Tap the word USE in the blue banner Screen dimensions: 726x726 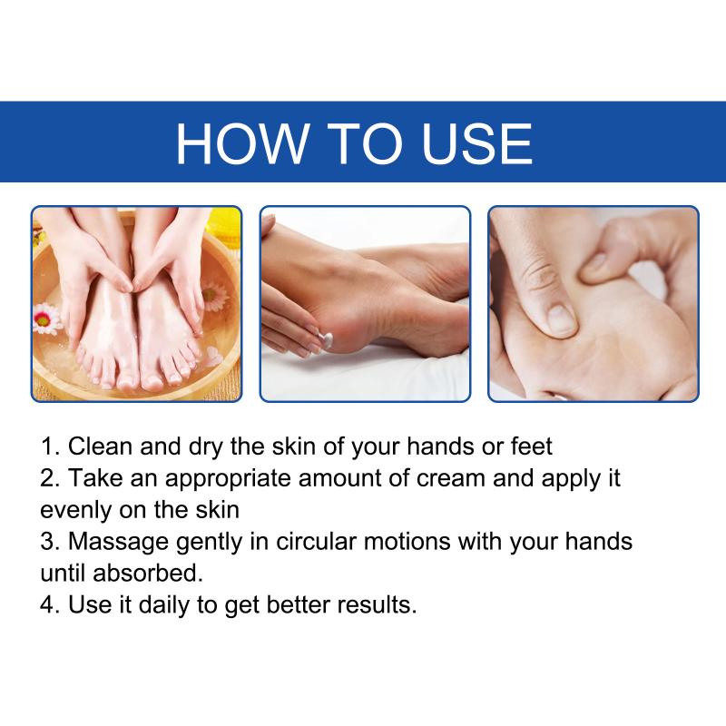coord(477,143)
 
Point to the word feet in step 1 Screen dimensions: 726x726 coord(531,446)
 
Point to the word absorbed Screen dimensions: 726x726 coord(148,574)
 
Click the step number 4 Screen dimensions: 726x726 coord(49,604)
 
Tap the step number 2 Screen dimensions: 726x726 coord(49,478)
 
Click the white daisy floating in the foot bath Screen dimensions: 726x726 coord(46,319)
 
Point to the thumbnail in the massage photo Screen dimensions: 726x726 coord(559,319)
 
